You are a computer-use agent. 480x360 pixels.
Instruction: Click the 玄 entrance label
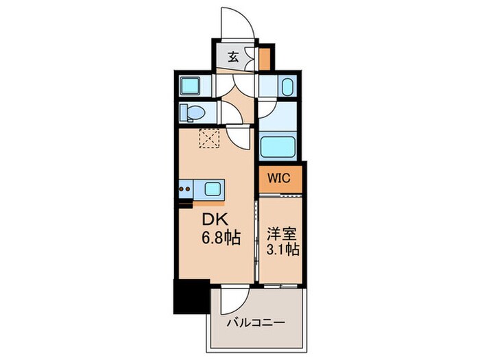point(233,58)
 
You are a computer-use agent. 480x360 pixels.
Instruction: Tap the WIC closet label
point(279,178)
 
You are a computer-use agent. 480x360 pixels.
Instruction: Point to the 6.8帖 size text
point(220,239)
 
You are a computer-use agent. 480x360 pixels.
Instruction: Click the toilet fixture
point(193,112)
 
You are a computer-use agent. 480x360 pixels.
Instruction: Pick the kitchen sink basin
point(213,189)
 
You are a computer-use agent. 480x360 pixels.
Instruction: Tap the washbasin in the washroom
point(287,87)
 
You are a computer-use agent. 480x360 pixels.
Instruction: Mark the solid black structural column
point(190,296)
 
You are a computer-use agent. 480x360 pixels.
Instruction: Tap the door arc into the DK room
point(240,137)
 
